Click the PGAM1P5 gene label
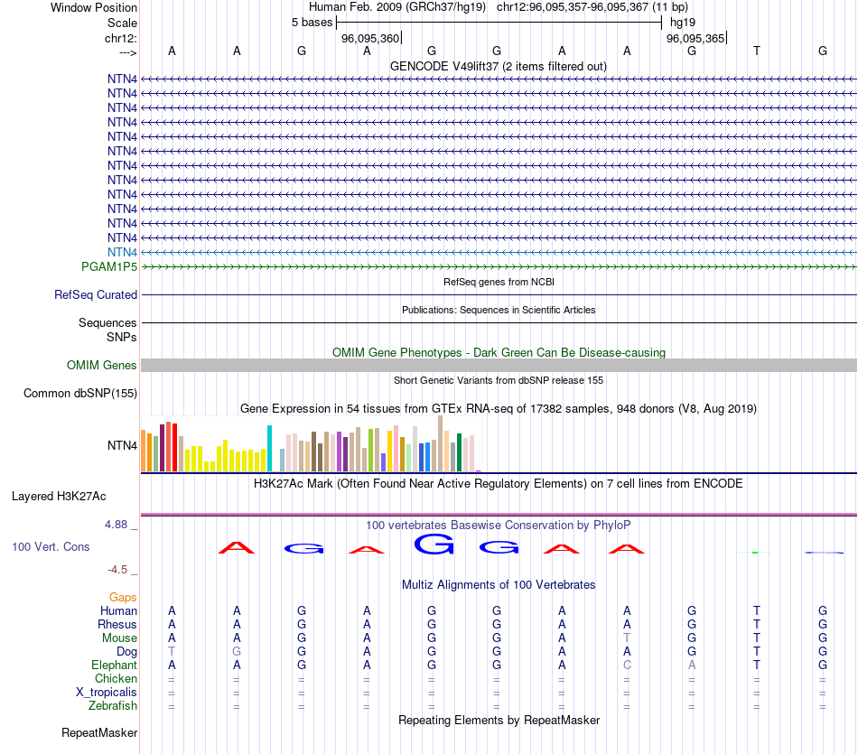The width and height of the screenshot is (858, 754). pyautogui.click(x=109, y=267)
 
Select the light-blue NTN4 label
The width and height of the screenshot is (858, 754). pyautogui.click(x=122, y=252)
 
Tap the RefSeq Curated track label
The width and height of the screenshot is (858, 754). pyautogui.click(x=96, y=295)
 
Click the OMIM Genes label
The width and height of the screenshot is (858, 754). pyautogui.click(x=102, y=366)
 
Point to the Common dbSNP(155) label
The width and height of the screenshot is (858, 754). pyautogui.click(x=80, y=393)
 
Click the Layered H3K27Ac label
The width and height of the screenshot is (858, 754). pyautogui.click(x=59, y=496)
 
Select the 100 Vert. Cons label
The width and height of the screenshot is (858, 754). pyautogui.click(x=51, y=547)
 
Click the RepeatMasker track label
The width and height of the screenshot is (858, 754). pyautogui.click(x=99, y=732)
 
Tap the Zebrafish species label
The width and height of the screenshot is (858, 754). pyautogui.click(x=113, y=706)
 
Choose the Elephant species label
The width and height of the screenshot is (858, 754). pyautogui.click(x=115, y=666)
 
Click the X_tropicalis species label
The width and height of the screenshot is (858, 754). pyautogui.click(x=107, y=693)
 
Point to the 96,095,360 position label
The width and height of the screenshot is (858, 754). pyautogui.click(x=370, y=39)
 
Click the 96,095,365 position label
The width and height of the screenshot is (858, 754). pyautogui.click(x=695, y=39)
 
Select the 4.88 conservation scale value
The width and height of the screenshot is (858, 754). pyautogui.click(x=119, y=524)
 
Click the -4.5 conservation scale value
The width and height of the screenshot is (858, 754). pyautogui.click(x=118, y=570)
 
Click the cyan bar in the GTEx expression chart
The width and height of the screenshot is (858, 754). pyautogui.click(x=269, y=448)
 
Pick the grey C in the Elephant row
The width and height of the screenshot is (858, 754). pyautogui.click(x=627, y=666)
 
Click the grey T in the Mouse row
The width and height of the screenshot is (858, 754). pyautogui.click(x=627, y=638)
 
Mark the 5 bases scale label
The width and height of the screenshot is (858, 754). pyautogui.click(x=312, y=23)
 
